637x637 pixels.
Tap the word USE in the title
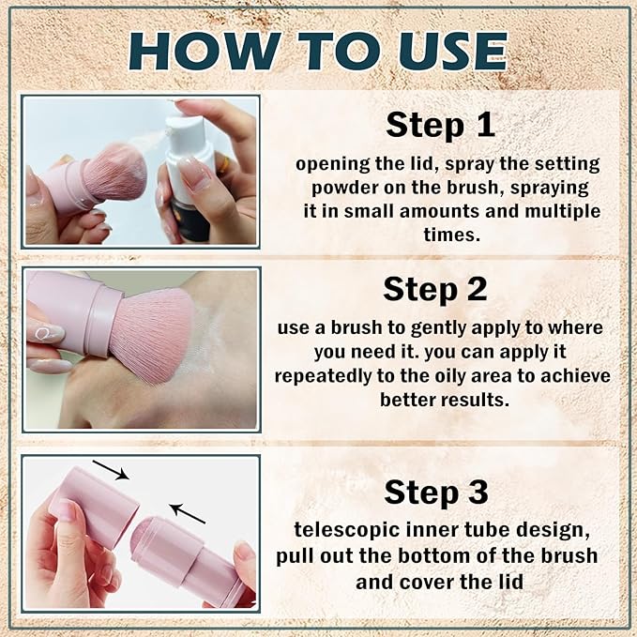coord(453,51)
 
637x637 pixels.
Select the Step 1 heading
coord(440,125)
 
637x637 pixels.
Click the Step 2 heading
coord(434,290)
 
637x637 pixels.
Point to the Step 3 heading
coord(436,493)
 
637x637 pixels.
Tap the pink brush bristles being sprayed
coord(115,172)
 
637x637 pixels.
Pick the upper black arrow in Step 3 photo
coord(111,470)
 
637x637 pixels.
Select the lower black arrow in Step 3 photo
coord(188,513)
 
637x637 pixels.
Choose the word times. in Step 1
coord(451,235)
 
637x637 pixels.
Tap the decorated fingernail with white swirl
coord(46,334)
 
